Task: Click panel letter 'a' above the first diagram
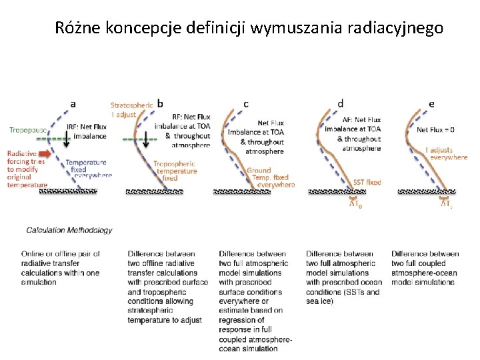pos(73,104)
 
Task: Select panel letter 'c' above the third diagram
pos(247,104)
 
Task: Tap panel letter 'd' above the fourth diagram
pos(341,104)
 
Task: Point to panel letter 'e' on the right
pos(431,104)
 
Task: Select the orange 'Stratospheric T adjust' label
pos(131,109)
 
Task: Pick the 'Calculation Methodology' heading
pos(69,230)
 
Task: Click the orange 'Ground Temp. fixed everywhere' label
pos(269,177)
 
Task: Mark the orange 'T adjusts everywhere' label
pos(446,154)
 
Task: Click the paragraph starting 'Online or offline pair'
pos(61,267)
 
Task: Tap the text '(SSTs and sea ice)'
pos(343,296)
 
